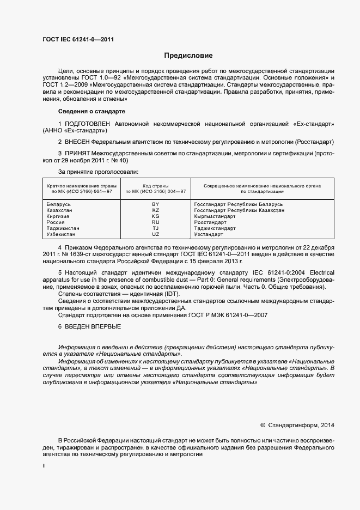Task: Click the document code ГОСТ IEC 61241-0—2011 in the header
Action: point(78,39)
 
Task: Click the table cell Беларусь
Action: point(59,204)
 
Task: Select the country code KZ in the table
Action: point(156,210)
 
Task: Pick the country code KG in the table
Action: point(156,216)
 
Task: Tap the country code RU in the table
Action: point(156,222)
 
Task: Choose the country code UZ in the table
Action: point(156,234)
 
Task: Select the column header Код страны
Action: point(156,186)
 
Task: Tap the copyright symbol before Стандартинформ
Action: point(263,425)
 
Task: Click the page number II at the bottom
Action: point(44,466)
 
